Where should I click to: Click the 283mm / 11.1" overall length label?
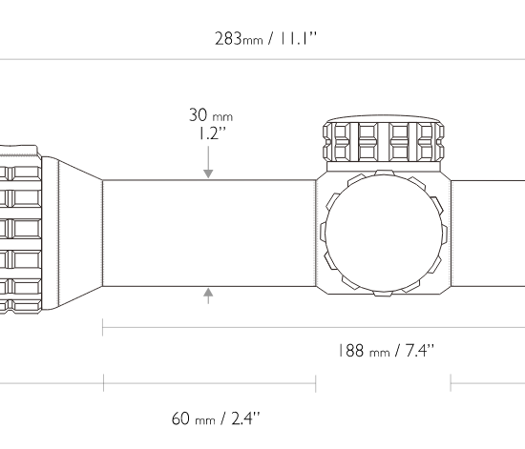point(265,38)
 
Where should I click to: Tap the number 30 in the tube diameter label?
point(198,115)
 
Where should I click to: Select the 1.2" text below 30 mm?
point(213,133)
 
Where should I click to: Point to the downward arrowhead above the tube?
point(208,173)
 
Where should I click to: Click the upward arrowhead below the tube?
point(208,293)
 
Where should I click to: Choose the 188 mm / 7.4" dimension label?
point(386,351)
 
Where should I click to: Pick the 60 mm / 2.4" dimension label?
point(216,418)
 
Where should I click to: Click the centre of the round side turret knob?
point(384,233)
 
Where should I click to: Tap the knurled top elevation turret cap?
point(384,138)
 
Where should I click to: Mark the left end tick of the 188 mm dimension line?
point(103,327)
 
